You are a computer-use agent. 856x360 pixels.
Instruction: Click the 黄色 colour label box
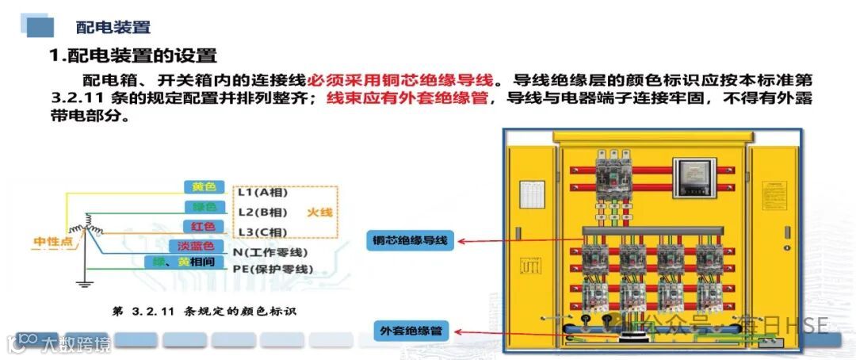204,187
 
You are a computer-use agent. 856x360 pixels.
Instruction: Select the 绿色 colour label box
204,208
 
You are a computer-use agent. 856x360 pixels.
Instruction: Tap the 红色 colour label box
204,228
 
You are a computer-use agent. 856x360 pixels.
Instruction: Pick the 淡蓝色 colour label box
191,247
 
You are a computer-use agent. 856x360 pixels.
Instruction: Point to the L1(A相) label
262,193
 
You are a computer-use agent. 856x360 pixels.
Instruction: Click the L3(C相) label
262,232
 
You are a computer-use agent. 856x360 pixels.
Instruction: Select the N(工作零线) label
270,252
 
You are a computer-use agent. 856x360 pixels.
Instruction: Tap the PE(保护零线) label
273,270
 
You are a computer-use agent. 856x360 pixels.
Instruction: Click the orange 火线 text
320,213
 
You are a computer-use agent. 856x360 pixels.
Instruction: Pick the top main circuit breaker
612,175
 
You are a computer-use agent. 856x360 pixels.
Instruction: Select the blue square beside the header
40,26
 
